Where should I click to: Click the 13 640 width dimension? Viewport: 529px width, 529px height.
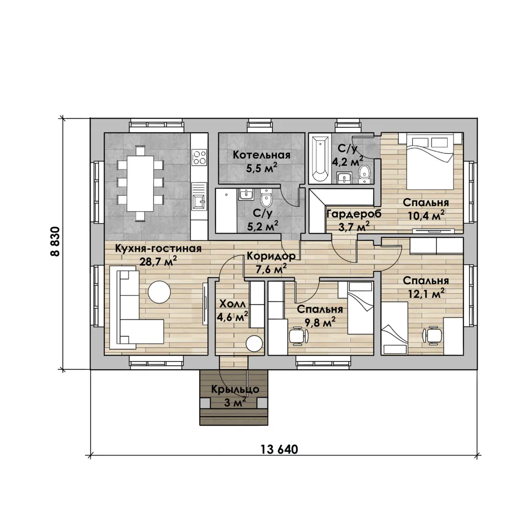pyautogui.click(x=279, y=449)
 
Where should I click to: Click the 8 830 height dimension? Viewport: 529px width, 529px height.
pyautogui.click(x=55, y=241)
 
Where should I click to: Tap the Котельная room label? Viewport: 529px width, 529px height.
pyautogui.click(x=262, y=155)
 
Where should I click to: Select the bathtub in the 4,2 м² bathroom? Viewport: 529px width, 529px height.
pyautogui.click(x=320, y=159)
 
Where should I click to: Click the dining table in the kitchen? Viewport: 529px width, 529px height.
pyautogui.click(x=140, y=183)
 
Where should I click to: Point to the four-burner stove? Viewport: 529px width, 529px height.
pyautogui.click(x=199, y=158)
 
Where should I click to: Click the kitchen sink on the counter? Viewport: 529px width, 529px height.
pyautogui.click(x=199, y=202)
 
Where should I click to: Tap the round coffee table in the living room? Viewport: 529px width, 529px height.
pyautogui.click(x=160, y=292)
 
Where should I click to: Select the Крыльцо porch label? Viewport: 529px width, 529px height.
pyautogui.click(x=235, y=389)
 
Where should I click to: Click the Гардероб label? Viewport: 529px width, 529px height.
pyautogui.click(x=354, y=214)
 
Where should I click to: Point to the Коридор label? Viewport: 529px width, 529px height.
pyautogui.click(x=271, y=256)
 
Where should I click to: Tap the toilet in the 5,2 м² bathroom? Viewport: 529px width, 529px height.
pyautogui.click(x=266, y=199)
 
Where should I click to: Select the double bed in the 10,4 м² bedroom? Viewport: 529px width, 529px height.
pyautogui.click(x=430, y=162)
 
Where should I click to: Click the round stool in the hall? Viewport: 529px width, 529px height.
pyautogui.click(x=254, y=344)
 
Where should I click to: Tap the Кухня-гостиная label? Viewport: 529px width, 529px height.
pyautogui.click(x=158, y=249)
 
